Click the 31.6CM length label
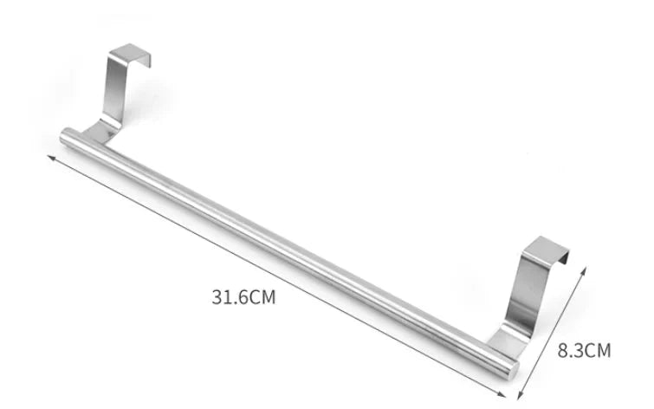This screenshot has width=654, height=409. tap(243, 296)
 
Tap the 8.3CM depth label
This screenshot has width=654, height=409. tap(584, 350)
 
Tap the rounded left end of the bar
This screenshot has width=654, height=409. tap(65, 135)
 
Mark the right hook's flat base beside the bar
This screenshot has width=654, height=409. tap(507, 336)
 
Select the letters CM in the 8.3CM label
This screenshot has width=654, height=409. tap(599, 350)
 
